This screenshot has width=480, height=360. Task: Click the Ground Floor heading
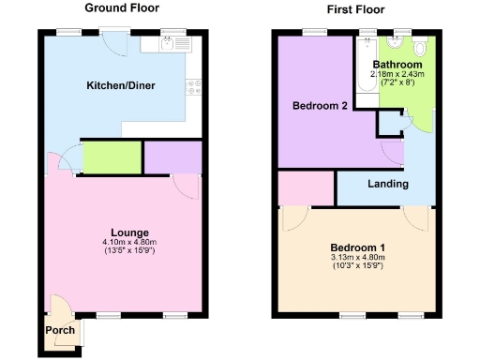click(x=120, y=8)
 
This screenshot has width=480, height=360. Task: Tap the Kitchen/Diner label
click(x=121, y=86)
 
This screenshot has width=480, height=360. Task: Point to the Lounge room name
click(x=129, y=232)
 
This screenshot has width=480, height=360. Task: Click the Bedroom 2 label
click(x=320, y=106)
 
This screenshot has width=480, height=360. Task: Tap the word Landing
click(x=387, y=184)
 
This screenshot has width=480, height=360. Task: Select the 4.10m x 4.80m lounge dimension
click(x=130, y=243)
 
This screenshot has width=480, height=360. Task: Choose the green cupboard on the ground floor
click(x=111, y=157)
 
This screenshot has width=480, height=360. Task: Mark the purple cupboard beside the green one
click(x=172, y=157)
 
